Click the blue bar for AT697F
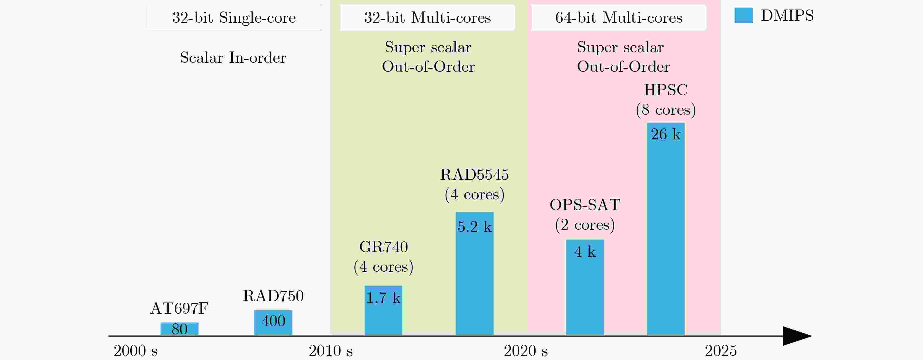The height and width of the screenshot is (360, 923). (x=179, y=329)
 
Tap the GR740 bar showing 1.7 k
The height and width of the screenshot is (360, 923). (x=383, y=310)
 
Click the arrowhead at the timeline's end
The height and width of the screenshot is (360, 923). (x=796, y=336)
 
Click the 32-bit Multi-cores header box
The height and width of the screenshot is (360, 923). (x=428, y=18)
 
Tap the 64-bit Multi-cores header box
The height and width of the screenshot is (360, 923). (x=619, y=18)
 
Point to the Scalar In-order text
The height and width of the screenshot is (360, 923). (x=233, y=58)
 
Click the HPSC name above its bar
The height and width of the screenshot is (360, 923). (x=666, y=90)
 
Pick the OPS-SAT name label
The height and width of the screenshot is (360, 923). (x=585, y=205)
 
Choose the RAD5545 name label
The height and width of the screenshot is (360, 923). (x=474, y=175)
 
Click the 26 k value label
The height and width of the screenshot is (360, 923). (x=666, y=134)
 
